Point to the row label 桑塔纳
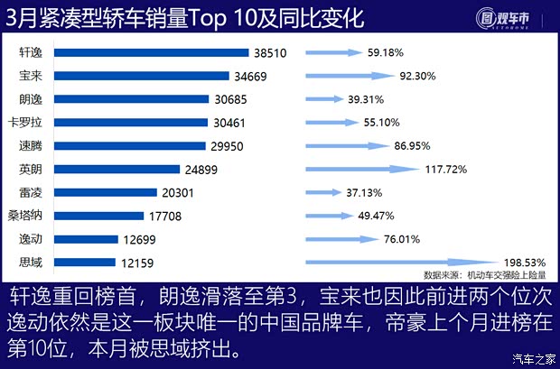[x=23, y=216]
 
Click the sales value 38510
[x=269, y=53]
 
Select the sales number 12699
[x=139, y=239]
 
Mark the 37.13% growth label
[x=364, y=192]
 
